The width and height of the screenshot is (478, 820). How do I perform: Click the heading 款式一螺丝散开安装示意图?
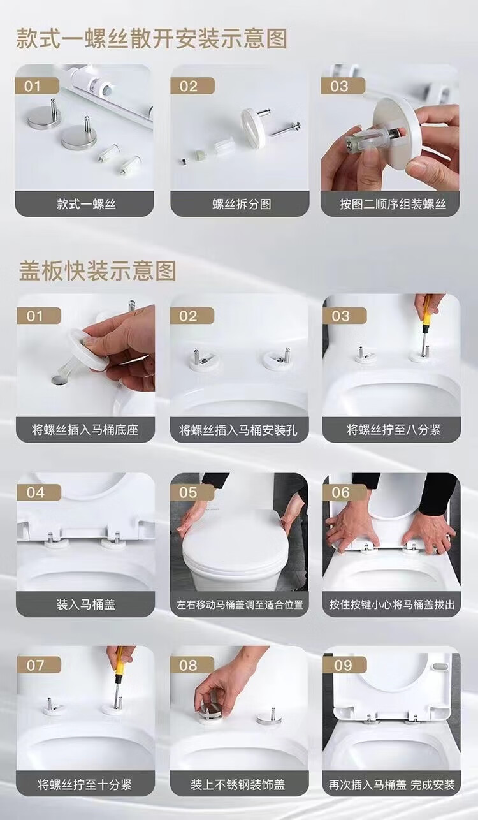click(x=151, y=38)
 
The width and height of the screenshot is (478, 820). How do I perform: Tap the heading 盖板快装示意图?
click(x=98, y=270)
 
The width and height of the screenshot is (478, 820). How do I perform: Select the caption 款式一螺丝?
click(x=86, y=204)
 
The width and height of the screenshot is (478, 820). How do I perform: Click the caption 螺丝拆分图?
click(x=242, y=204)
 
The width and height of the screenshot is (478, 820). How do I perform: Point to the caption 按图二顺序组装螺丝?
click(x=393, y=204)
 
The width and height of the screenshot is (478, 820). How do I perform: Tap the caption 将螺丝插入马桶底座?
click(x=85, y=429)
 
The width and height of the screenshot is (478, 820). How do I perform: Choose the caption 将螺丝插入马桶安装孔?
click(x=238, y=429)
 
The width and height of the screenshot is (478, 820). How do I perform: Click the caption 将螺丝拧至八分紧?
click(x=393, y=429)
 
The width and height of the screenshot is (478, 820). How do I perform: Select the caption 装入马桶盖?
click(x=85, y=604)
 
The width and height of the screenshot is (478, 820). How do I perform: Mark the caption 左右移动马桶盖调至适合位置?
click(x=240, y=604)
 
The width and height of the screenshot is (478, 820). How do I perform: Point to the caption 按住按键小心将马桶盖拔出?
click(x=392, y=604)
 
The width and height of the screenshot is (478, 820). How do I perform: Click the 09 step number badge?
click(x=344, y=665)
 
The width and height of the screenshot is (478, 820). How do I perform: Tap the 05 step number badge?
click(x=191, y=492)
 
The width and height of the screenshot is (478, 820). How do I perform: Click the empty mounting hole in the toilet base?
click(x=59, y=380)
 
